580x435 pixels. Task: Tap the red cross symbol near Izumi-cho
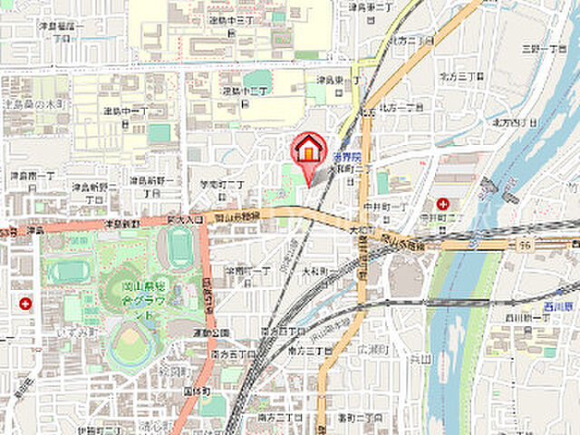24,304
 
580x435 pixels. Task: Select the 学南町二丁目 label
225,184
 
